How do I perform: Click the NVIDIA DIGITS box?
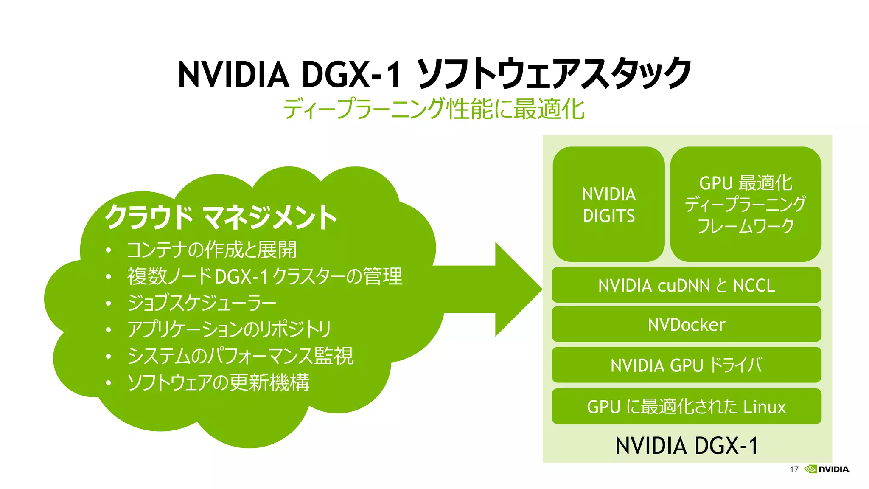(x=608, y=205)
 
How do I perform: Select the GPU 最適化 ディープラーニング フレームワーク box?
(x=746, y=205)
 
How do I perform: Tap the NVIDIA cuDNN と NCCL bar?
(x=686, y=285)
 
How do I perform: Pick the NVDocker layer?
(x=686, y=325)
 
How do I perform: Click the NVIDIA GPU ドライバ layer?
(x=686, y=365)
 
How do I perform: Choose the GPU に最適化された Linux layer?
(x=686, y=406)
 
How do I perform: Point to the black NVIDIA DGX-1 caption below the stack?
(x=686, y=446)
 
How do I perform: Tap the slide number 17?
(x=794, y=469)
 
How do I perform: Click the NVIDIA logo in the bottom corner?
(x=827, y=469)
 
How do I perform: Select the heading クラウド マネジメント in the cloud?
(x=221, y=217)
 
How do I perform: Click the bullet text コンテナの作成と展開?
(x=211, y=250)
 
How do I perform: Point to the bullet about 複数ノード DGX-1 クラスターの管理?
(x=264, y=276)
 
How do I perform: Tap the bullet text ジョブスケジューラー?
(x=202, y=303)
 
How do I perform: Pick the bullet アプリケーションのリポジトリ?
(x=229, y=329)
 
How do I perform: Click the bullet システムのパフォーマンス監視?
(x=240, y=356)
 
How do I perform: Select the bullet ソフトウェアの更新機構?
(x=218, y=382)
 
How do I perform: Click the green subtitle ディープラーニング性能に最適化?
(x=434, y=109)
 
